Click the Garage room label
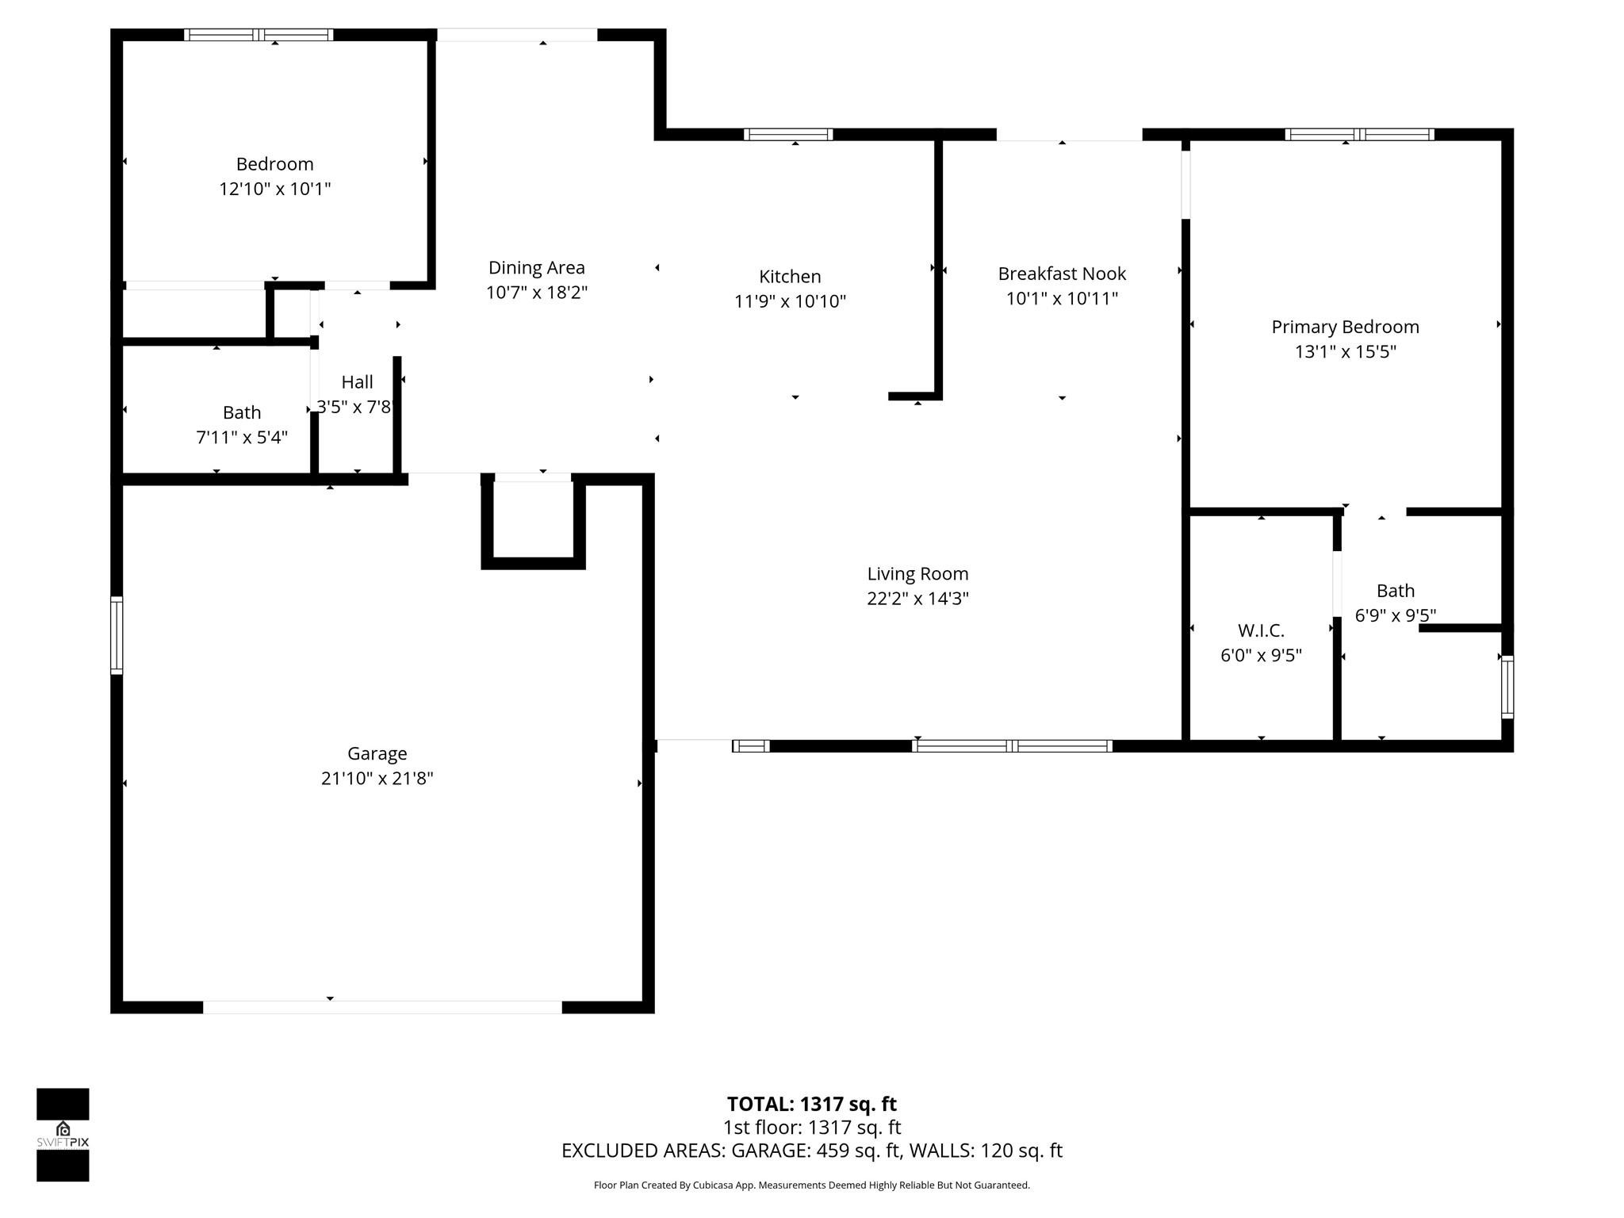(377, 753)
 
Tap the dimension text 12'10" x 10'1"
(274, 189)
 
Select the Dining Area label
(536, 268)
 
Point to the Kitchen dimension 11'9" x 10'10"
(790, 301)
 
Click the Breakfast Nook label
(1062, 274)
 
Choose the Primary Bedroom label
(1345, 327)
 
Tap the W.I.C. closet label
(1261, 630)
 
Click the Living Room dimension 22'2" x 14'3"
(917, 599)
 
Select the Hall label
(357, 382)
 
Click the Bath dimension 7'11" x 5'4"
(242, 437)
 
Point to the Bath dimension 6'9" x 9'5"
(1395, 615)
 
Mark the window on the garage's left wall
(117, 635)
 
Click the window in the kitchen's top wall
(788, 134)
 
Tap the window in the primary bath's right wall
(1507, 687)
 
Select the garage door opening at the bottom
(382, 1007)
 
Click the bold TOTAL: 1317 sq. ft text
(811, 1104)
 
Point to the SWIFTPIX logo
(63, 1134)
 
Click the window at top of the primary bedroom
(1359, 134)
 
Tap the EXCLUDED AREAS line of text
(811, 1151)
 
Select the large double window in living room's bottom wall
(1012, 745)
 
